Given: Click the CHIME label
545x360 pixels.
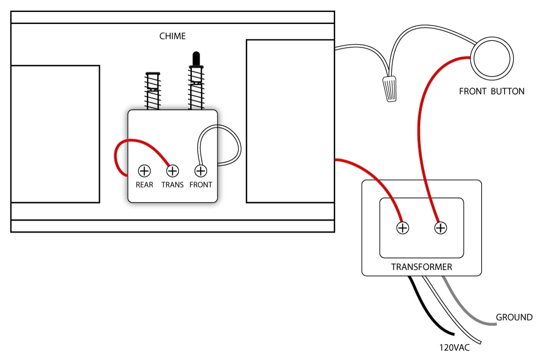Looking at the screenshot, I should pos(172,36).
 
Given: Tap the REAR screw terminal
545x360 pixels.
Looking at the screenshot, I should pos(144,171).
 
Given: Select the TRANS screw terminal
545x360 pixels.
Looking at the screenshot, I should pos(172,171).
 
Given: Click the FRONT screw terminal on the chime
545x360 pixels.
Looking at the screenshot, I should pos(200,171).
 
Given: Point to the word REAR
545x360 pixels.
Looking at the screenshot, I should pos(144,185).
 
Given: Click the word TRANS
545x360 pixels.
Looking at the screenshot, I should pos(172,185).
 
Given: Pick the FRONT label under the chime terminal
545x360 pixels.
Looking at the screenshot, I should pos(201,185).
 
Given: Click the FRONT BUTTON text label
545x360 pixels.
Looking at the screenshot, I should pos(492,91).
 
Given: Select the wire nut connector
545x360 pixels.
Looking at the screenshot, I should pos(389,89).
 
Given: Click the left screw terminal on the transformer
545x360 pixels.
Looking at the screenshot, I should pos(402,228).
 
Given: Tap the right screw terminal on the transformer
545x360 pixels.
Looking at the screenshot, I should pos(440,228).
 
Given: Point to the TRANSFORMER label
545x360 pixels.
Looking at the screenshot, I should pos(421,267).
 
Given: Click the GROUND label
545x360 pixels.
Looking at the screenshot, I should pos(514,318).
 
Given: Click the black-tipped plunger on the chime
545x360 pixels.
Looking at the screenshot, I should pos(195,60).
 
